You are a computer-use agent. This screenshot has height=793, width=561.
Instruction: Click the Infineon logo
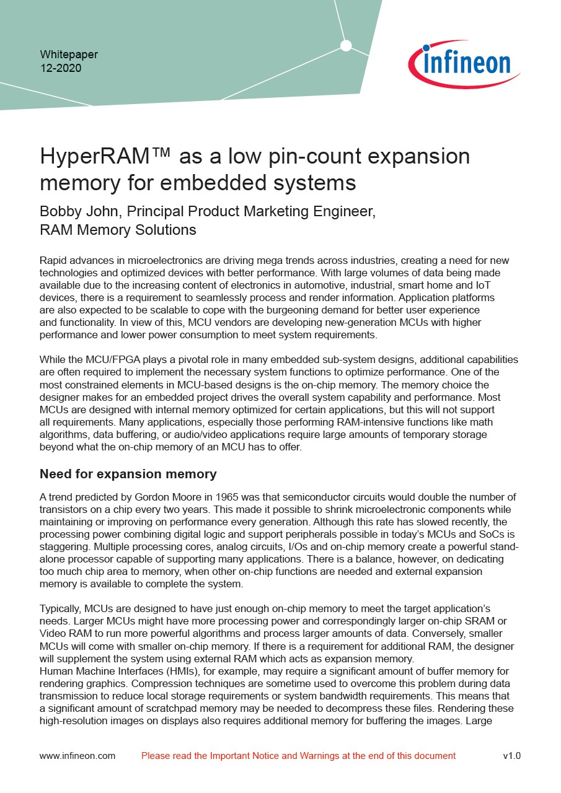[464, 64]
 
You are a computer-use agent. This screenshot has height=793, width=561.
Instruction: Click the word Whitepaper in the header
[69, 55]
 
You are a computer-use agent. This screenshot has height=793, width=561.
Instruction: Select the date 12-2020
[60, 68]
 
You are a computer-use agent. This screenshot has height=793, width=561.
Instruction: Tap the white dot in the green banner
[346, 45]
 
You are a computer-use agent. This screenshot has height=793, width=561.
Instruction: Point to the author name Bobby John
[79, 211]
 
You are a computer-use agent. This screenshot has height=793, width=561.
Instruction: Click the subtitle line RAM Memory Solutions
[118, 230]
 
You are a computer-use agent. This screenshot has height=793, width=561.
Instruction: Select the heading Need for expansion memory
[128, 475]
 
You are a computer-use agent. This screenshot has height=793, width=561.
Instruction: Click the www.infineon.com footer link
[77, 756]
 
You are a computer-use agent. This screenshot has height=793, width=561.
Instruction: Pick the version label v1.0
[511, 756]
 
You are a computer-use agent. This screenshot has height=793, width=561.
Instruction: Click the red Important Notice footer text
[298, 756]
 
